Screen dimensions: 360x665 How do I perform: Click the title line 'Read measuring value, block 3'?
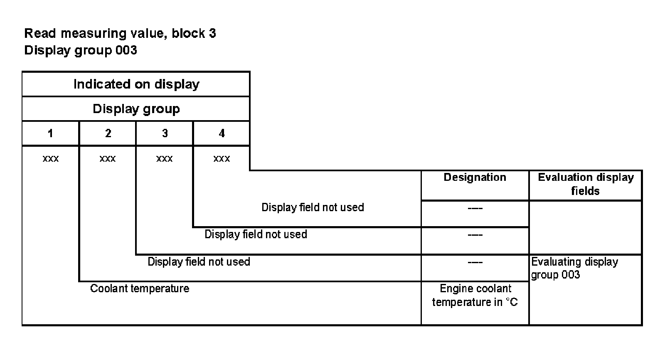(x=120, y=33)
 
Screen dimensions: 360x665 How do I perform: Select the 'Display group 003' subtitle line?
(x=81, y=50)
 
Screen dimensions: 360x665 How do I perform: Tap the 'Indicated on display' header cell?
(x=136, y=84)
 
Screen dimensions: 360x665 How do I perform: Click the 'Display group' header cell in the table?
(x=136, y=109)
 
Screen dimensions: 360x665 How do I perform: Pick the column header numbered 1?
(x=50, y=133)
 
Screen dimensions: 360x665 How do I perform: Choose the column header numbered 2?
(x=108, y=133)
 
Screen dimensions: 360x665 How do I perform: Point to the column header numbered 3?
(x=165, y=133)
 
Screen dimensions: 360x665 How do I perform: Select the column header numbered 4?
(x=222, y=133)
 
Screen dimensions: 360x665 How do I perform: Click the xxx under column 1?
(x=51, y=159)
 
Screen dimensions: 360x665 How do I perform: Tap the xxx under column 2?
(x=108, y=159)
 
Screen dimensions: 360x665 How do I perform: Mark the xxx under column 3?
(x=165, y=159)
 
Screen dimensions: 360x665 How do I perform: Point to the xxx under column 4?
(x=222, y=159)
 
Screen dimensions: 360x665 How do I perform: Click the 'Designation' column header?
(x=475, y=178)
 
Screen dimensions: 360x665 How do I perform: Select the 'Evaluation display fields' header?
(x=585, y=184)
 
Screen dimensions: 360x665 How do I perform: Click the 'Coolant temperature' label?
(x=140, y=288)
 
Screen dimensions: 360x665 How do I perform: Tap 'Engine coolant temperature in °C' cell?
(x=475, y=295)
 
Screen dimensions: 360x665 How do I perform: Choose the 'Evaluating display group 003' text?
(x=574, y=268)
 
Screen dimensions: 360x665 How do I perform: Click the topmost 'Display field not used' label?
(x=313, y=207)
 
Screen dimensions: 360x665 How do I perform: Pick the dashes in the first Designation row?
(x=475, y=208)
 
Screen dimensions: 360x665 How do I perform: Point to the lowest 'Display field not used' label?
(x=199, y=262)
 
